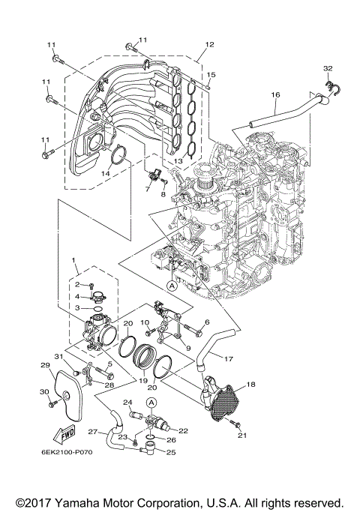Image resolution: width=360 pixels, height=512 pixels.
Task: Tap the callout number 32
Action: [x=327, y=68]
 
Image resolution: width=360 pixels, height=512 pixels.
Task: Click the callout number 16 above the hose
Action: [x=275, y=95]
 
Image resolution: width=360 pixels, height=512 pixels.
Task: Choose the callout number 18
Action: [x=250, y=383]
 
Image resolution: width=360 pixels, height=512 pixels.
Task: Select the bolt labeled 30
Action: [x=53, y=405]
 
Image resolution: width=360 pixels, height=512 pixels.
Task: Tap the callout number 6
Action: [x=208, y=322]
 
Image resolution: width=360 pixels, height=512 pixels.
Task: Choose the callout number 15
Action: [x=211, y=75]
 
